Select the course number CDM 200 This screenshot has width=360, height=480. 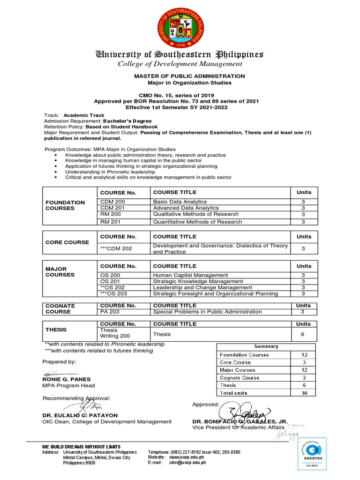(x=113, y=202)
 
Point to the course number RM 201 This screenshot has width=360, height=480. (x=111, y=222)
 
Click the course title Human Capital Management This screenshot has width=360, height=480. (x=190, y=275)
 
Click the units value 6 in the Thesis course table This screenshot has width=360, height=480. (x=303, y=334)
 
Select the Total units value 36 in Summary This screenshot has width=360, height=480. (x=304, y=393)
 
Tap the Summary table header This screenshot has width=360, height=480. (x=266, y=346)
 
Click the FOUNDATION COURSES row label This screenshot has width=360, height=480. (x=65, y=205)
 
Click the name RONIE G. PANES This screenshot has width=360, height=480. (x=66, y=379)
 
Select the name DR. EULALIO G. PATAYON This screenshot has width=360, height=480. (x=80, y=415)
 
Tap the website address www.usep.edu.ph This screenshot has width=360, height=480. (x=186, y=457)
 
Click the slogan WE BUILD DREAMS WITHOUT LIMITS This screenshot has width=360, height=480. (x=81, y=447)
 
